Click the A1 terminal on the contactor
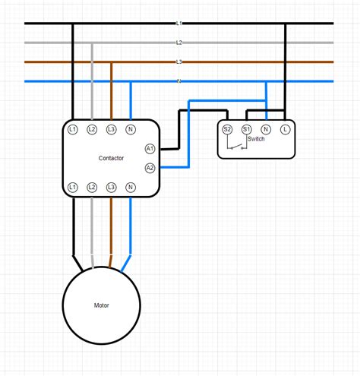tap(150, 148)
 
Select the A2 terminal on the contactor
tap(150, 167)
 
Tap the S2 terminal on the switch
tap(227, 129)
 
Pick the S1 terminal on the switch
tap(246, 129)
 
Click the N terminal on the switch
tap(266, 129)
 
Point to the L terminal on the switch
tap(286, 129)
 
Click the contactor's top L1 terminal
tap(72, 130)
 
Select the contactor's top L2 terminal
tap(92, 130)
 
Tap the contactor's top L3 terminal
tap(112, 130)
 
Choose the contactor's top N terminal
tap(131, 130)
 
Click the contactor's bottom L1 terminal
tap(72, 187)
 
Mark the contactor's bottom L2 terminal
tap(92, 187)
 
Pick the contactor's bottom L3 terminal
tap(112, 187)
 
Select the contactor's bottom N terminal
tap(131, 187)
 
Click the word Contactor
tap(111, 158)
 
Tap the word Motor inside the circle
tap(102, 305)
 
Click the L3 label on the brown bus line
tap(179, 62)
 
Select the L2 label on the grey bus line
tap(179, 43)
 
